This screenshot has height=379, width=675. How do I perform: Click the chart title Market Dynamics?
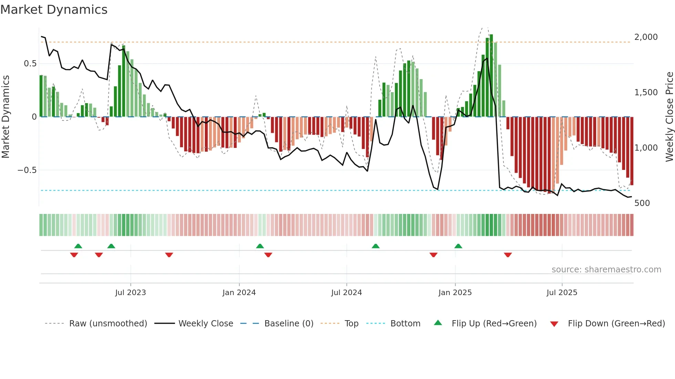pos(54,10)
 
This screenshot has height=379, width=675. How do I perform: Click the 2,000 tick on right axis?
pos(646,37)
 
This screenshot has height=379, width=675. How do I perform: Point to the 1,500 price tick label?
pos(646,93)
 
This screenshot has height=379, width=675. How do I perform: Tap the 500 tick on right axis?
pos(642,203)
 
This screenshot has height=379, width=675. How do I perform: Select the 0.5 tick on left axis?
pos(30,64)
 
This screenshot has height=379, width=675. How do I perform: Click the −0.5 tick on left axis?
pos(27,170)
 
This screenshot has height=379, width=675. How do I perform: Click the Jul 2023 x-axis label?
pos(131,293)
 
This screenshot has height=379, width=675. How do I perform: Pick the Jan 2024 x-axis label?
pos(239,293)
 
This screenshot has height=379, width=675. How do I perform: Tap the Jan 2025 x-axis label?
pos(455,293)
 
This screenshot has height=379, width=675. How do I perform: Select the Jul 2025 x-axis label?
pos(562,293)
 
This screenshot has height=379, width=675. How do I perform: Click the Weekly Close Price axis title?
pos(669,117)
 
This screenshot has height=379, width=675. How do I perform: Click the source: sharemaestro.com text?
pos(606,270)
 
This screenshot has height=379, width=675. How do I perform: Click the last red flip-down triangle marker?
pos(508,255)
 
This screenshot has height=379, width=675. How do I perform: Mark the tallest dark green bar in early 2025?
pos(491,76)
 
